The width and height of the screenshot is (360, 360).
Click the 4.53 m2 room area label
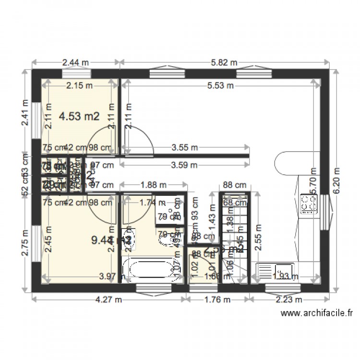79,116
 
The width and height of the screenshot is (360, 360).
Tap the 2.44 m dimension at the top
75,62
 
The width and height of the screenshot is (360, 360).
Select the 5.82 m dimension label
224,62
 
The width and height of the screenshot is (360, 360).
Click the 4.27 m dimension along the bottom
108,300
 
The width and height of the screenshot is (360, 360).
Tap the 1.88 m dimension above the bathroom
153,184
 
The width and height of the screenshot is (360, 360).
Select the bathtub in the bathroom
150,268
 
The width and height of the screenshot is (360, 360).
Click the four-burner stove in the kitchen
309,204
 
